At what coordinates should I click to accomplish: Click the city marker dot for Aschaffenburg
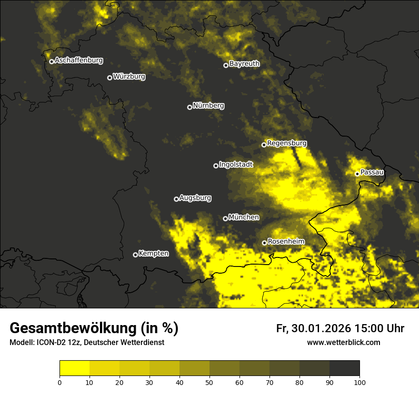click(51, 61)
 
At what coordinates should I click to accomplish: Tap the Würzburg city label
click(129, 77)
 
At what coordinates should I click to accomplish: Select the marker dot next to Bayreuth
click(226, 65)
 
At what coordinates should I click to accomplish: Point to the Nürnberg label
click(209, 106)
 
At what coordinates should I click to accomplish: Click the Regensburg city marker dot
click(264, 145)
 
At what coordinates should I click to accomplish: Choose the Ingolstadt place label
click(236, 165)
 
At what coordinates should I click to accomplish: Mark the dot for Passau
click(357, 174)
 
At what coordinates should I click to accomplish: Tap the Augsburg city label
click(195, 198)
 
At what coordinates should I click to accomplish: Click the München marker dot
click(225, 219)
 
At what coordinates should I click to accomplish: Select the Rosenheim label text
click(286, 242)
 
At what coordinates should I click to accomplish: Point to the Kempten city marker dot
click(135, 255)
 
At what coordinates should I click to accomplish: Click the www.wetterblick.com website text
click(344, 342)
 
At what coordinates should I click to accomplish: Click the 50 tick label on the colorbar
click(209, 382)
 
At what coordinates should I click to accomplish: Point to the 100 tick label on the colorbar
click(359, 382)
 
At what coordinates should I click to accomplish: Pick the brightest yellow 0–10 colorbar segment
click(75, 368)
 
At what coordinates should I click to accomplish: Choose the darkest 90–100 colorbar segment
click(344, 368)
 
